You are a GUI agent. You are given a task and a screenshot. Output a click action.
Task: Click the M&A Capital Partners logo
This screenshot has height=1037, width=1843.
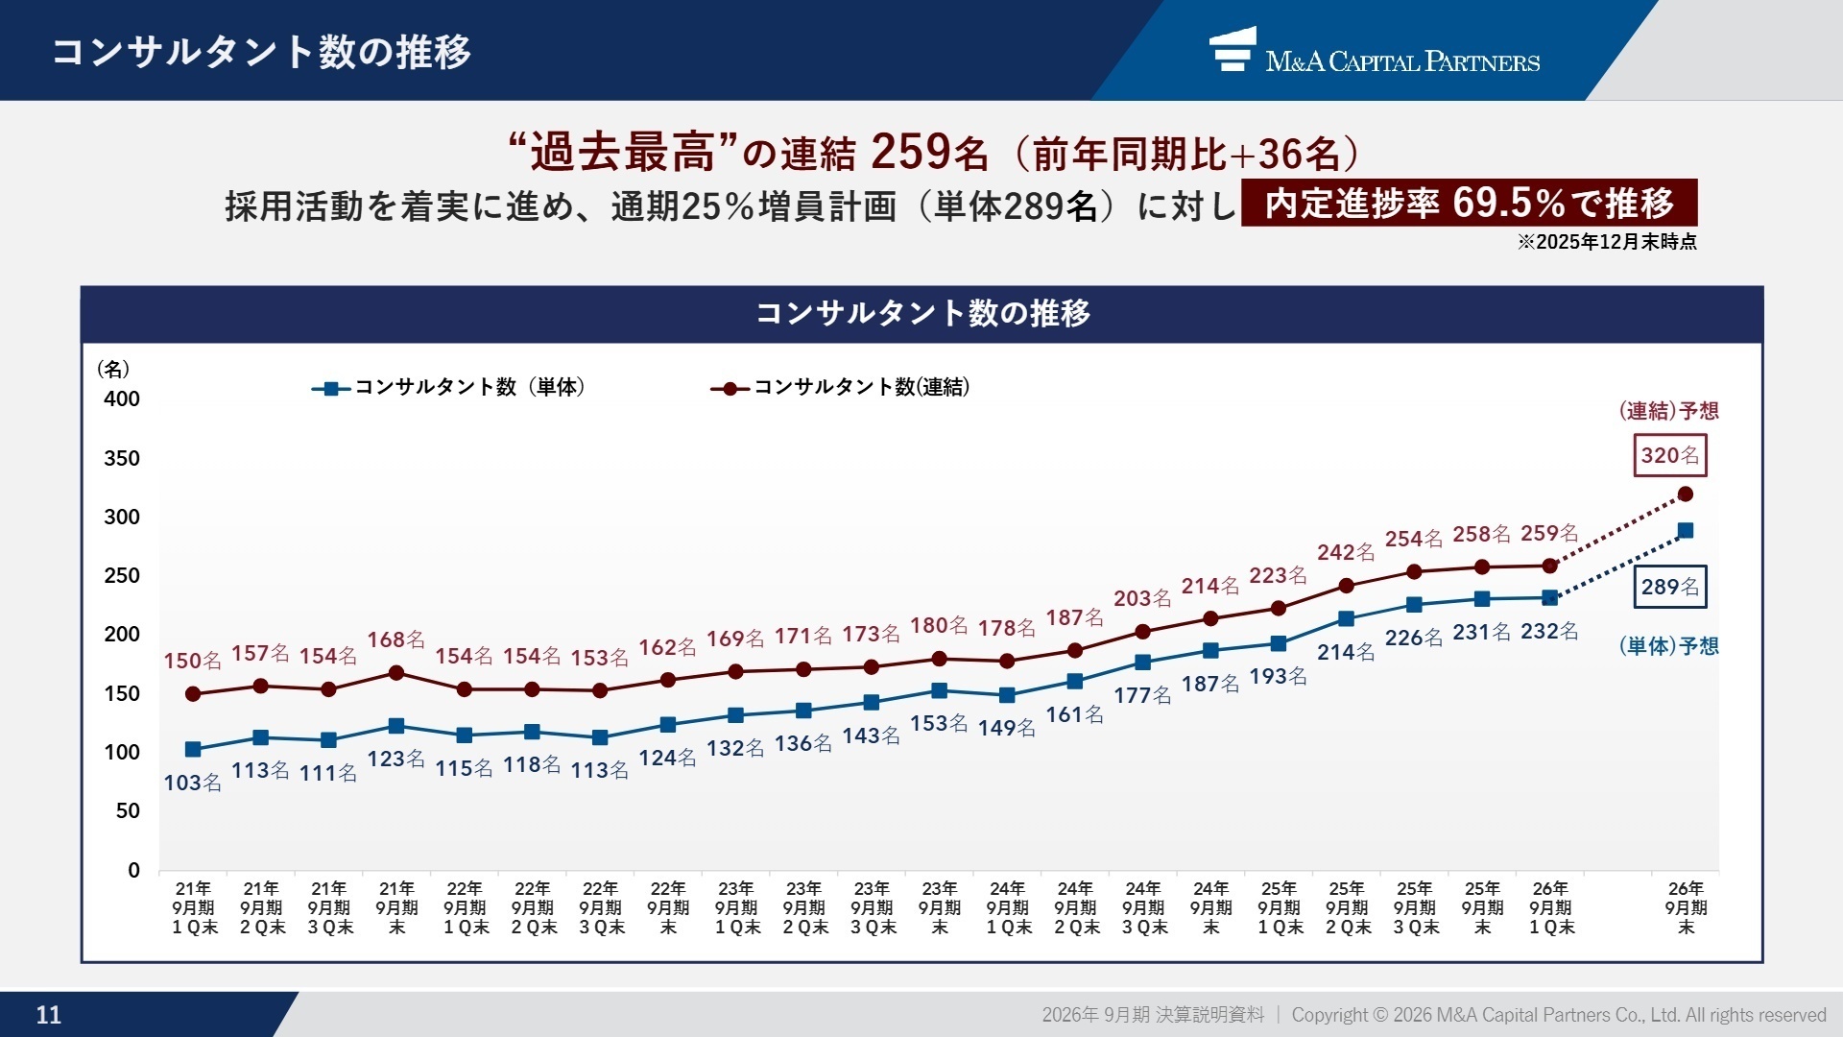tap(1374, 52)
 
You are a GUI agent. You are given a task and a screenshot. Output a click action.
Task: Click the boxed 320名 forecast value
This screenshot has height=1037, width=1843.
tap(1669, 456)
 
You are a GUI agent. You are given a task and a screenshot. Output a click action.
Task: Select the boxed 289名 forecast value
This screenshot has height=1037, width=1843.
tap(1669, 587)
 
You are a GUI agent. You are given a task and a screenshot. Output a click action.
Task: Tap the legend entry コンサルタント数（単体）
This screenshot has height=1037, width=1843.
tap(449, 387)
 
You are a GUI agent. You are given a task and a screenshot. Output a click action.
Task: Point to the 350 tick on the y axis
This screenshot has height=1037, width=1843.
tap(122, 458)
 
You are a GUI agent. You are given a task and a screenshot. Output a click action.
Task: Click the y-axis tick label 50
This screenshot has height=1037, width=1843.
tap(128, 811)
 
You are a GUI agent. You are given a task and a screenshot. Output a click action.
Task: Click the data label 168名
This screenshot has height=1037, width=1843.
tap(395, 639)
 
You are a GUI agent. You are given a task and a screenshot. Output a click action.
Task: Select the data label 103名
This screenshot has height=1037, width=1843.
tap(192, 783)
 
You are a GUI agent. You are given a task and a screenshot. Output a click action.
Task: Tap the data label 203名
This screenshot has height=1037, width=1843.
tap(1142, 598)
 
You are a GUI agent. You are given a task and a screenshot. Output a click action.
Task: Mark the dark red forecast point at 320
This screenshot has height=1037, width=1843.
tap(1685, 494)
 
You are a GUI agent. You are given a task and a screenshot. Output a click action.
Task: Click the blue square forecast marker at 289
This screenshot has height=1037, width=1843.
tap(1685, 531)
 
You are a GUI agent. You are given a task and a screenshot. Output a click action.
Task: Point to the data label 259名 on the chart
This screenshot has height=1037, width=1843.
tap(1549, 533)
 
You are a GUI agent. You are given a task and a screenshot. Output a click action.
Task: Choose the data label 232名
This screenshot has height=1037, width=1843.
tap(1549, 631)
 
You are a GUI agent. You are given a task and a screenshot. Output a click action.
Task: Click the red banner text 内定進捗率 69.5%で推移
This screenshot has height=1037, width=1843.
tap(1469, 203)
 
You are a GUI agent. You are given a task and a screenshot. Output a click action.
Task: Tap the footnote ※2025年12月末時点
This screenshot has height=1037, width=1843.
tap(1607, 242)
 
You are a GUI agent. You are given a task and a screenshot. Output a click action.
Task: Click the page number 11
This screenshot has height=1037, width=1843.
tap(48, 1015)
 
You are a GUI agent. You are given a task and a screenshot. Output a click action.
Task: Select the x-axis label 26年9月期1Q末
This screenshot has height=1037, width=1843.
tap(1550, 908)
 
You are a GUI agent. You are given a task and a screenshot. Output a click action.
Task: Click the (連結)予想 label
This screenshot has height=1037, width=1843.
tap(1668, 411)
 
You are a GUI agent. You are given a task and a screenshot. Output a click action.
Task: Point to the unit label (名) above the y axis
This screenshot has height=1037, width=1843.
tap(113, 370)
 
